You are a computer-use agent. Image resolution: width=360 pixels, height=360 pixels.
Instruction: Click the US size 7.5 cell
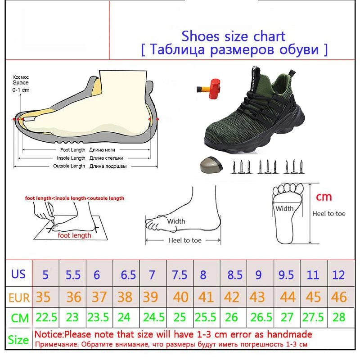point(180,275)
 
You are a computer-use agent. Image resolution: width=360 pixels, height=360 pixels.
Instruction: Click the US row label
point(18,274)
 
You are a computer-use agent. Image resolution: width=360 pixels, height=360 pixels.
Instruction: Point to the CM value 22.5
point(46,317)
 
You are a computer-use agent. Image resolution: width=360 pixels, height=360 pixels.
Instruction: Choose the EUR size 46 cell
point(338,297)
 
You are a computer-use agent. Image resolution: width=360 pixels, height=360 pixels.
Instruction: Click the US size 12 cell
point(338,275)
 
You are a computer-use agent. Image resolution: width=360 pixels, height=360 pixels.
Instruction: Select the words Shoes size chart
point(233,36)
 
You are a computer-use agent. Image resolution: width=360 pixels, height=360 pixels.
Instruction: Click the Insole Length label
point(71,158)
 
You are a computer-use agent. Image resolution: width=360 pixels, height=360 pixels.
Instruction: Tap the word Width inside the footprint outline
point(284,208)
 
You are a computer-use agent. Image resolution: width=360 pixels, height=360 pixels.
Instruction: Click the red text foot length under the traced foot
point(74,235)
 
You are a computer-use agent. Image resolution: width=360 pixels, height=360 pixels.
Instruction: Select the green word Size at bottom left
point(18,340)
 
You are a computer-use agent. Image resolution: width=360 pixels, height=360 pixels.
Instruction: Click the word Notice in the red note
point(48,335)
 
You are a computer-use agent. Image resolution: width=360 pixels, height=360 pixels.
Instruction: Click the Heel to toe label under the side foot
point(184,240)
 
